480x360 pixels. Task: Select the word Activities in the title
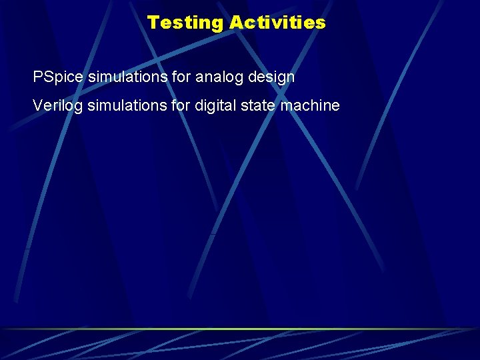coord(277,23)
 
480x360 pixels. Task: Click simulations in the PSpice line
coord(127,77)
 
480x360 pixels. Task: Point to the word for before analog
coord(181,77)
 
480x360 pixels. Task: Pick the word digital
coord(215,105)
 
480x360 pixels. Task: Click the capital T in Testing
coord(153,23)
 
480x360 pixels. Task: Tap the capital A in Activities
coord(236,23)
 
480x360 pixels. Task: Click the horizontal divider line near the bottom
coord(240,329)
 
